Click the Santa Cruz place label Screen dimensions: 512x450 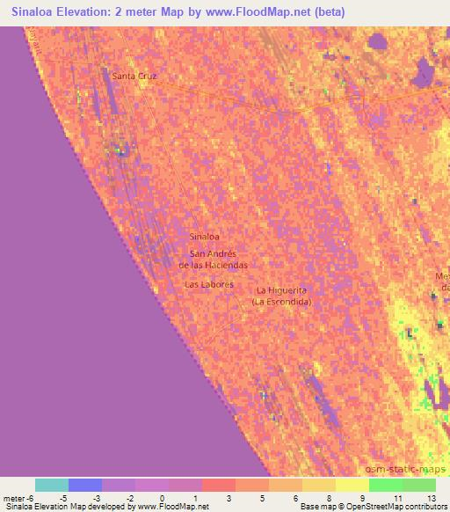[134, 77]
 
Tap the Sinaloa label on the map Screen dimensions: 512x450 [204, 238]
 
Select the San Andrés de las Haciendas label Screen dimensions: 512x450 [214, 259]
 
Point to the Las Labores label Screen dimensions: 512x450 [208, 285]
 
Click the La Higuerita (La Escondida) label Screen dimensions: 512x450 [281, 296]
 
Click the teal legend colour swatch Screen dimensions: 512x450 [52, 485]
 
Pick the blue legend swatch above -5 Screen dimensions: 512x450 [85, 485]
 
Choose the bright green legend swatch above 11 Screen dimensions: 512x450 [385, 485]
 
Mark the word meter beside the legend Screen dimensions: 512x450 [12, 498]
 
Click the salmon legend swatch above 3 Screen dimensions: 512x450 [218, 485]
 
